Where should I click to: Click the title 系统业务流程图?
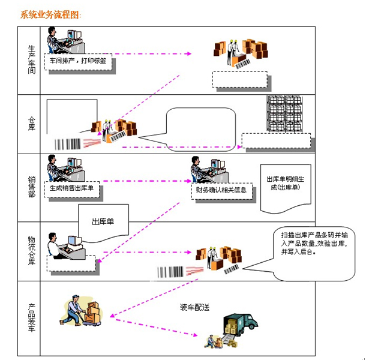pos(51,14)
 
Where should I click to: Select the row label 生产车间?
pos(31,60)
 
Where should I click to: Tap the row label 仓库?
pos(31,124)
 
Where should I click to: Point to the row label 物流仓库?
pos(31,251)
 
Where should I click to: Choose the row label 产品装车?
pos(31,318)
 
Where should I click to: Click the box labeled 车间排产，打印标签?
pos(79,61)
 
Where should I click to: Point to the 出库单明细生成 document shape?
pos(285,186)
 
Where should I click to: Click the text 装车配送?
pos(194,308)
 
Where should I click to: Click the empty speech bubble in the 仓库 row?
pos(198,128)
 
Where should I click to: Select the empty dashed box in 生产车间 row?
pos(239,80)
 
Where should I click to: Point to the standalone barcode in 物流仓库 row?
pos(170,272)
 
